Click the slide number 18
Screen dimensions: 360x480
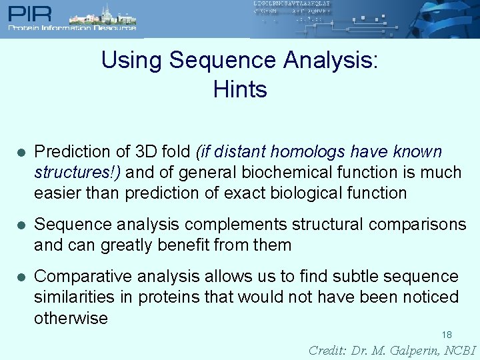click(x=447, y=335)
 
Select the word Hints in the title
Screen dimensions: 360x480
click(x=240, y=89)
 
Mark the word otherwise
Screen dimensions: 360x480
click(x=71, y=318)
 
